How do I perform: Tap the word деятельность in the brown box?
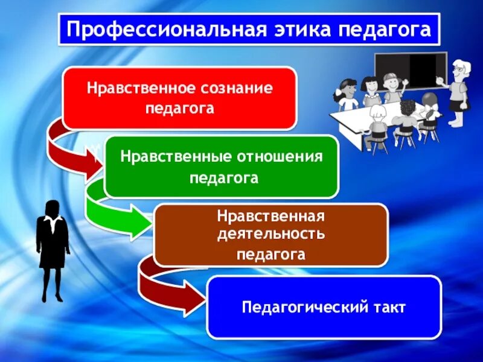point(271,233)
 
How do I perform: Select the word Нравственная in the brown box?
point(271,216)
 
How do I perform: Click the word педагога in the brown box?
point(271,254)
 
